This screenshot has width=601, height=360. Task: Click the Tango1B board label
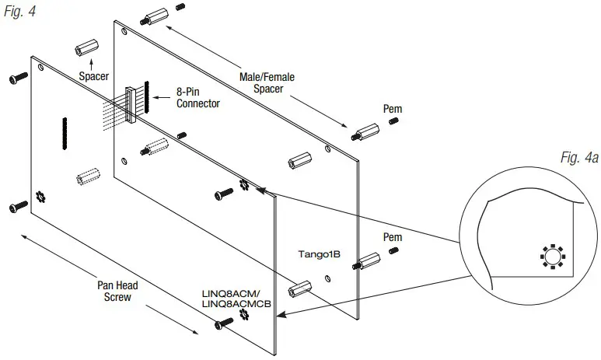tap(320, 253)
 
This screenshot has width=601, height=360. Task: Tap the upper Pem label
tap(393, 108)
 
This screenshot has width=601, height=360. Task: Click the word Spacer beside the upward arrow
tap(93, 77)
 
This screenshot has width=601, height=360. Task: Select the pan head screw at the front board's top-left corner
tap(18, 79)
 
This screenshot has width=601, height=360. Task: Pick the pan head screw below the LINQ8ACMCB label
tap(220, 327)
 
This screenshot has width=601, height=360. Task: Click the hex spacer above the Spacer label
tap(83, 49)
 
